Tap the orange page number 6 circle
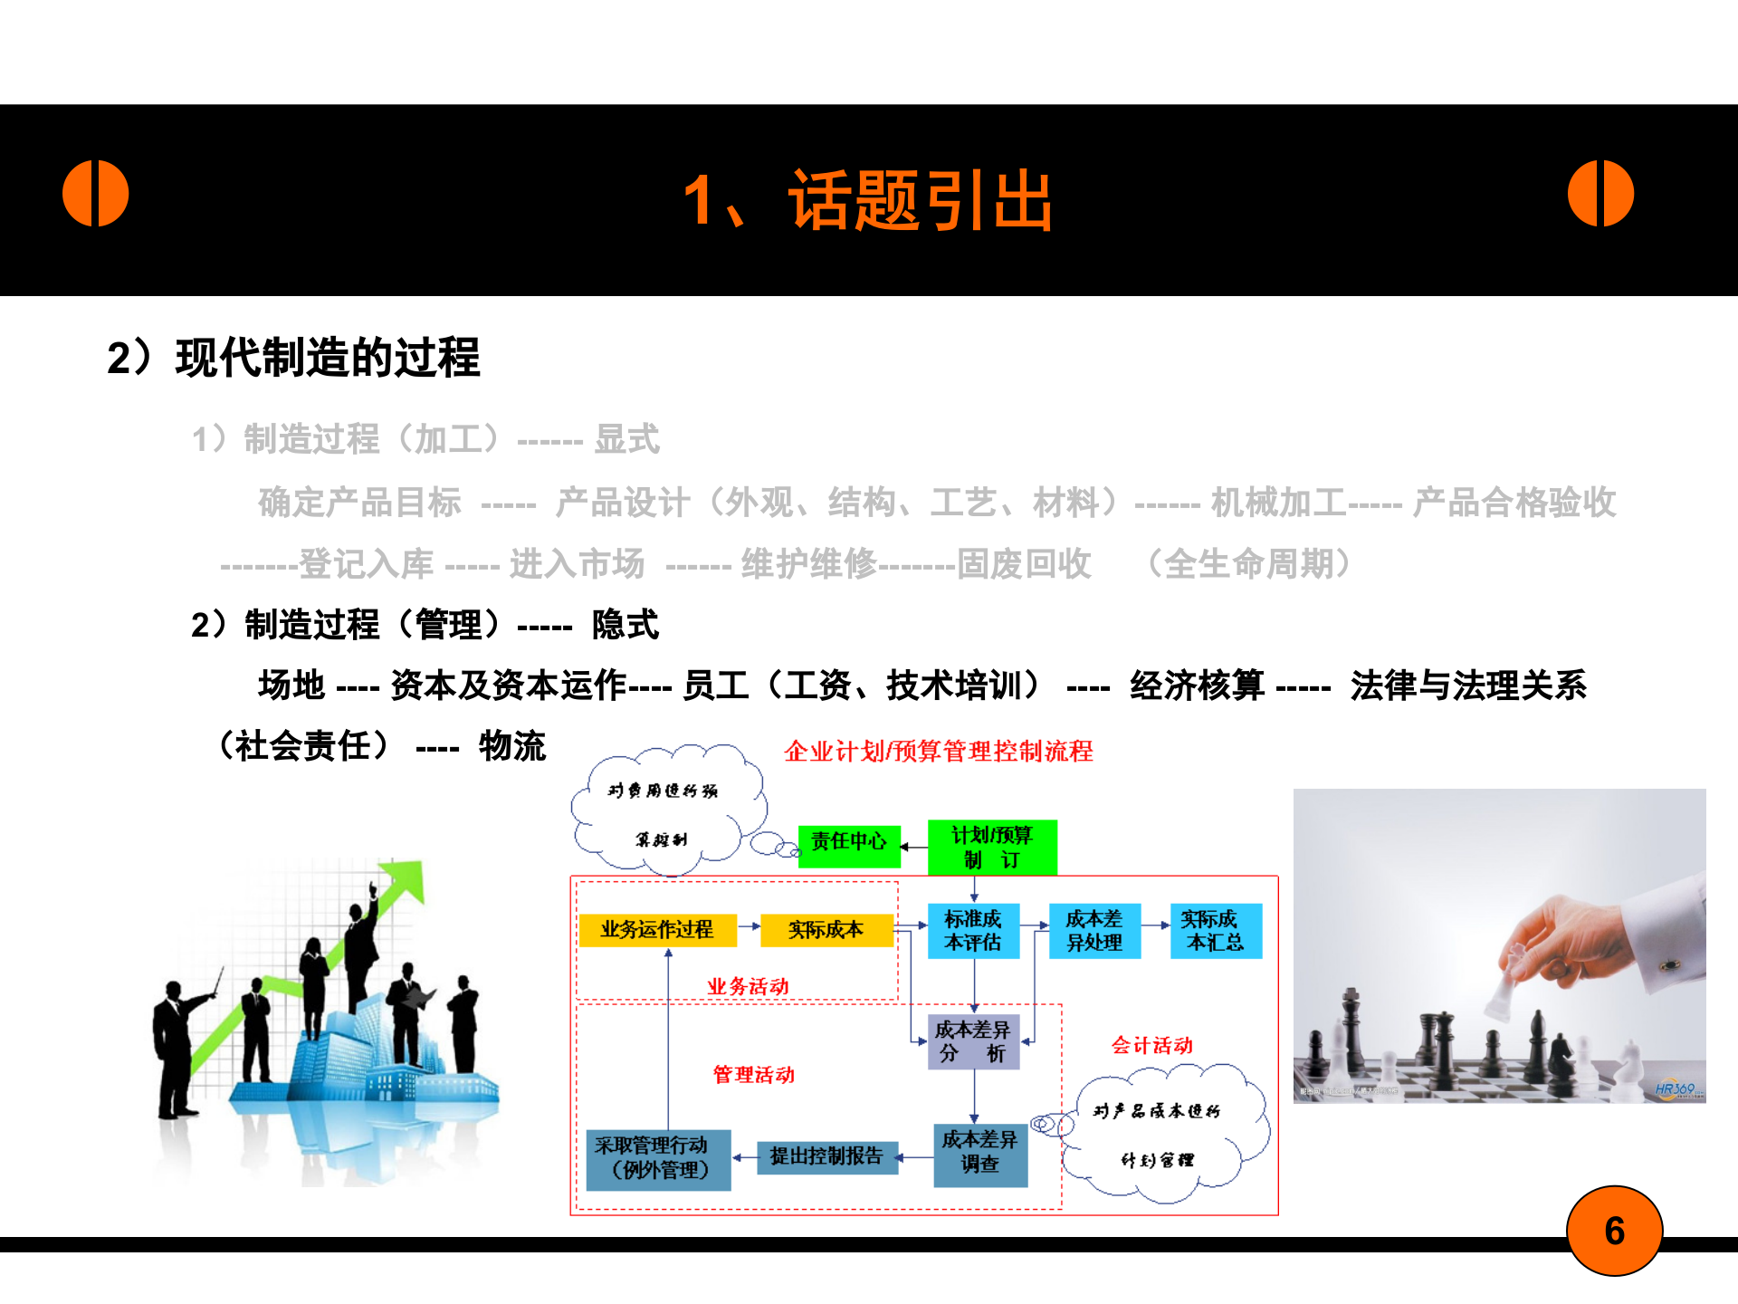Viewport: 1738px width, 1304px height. [x=1614, y=1231]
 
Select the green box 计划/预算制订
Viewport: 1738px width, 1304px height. [x=992, y=848]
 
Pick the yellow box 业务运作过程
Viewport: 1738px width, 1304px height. [x=657, y=930]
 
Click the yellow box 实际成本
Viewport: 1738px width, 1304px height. [x=826, y=930]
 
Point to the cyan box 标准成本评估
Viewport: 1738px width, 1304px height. [x=973, y=931]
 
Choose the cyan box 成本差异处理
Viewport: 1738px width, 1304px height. [x=1094, y=931]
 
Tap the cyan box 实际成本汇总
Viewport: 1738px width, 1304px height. [x=1215, y=931]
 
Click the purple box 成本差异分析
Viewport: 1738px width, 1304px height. [x=973, y=1041]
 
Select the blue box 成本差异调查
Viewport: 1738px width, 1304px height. [x=979, y=1153]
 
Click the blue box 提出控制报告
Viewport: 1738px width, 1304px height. [x=826, y=1156]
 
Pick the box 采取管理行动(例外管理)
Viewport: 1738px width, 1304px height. [x=658, y=1158]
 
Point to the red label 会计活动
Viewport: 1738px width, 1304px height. [x=1152, y=1046]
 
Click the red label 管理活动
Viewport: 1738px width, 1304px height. [x=754, y=1075]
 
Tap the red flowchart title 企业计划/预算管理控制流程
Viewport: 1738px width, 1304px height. [x=939, y=752]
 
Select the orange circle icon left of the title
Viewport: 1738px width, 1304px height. [x=96, y=194]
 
